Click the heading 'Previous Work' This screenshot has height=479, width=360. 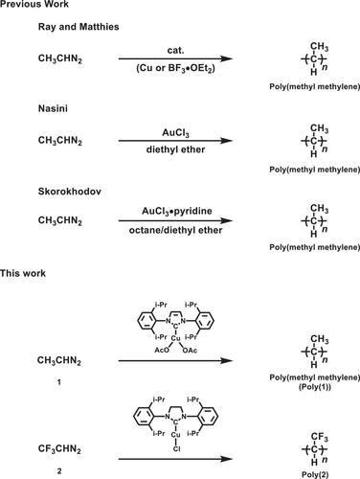click(34, 4)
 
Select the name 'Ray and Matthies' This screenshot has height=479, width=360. click(79, 27)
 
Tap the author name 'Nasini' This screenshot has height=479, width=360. click(53, 108)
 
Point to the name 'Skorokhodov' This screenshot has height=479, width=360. click(70, 192)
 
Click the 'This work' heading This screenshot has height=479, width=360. click(23, 273)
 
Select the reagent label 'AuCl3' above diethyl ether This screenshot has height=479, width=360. click(175, 133)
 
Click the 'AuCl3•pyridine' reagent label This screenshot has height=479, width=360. click(177, 212)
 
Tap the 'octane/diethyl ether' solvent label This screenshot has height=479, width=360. click(175, 230)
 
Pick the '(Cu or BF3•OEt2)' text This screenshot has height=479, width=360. click(175, 68)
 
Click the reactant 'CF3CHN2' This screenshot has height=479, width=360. click(59, 449)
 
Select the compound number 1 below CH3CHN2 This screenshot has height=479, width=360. click(59, 382)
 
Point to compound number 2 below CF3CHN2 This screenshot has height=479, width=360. click(59, 471)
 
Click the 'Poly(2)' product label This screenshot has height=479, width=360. click(315, 475)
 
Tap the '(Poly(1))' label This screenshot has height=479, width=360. click(315, 387)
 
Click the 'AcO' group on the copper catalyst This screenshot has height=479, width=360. click(162, 351)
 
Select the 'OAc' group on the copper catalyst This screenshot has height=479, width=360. click(190, 351)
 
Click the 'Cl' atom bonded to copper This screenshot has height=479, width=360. click(176, 449)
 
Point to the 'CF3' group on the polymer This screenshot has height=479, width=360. click(320, 437)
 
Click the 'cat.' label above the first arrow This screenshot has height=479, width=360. click(175, 51)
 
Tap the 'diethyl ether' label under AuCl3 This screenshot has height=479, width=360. click(175, 149)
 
